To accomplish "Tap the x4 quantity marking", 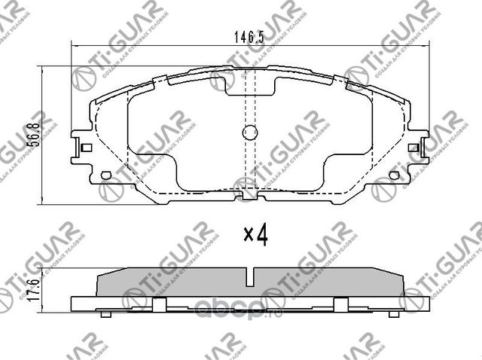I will (x=256, y=236).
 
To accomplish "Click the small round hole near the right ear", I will (x=394, y=176).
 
